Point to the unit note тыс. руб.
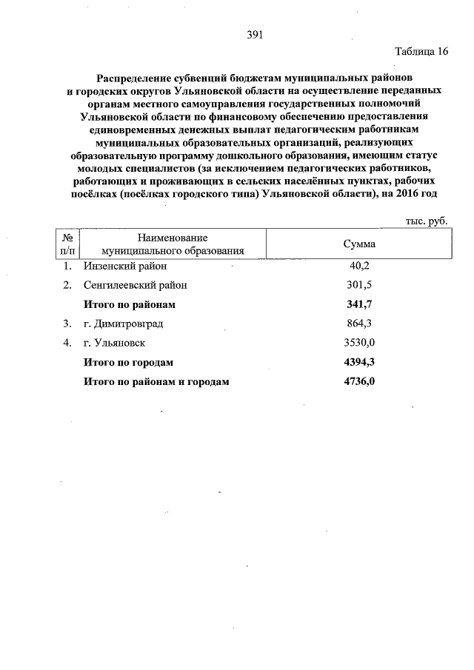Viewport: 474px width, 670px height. (427, 221)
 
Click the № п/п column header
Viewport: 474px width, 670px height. (67, 244)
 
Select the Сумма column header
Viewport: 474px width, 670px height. (359, 244)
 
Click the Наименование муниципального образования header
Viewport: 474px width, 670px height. (173, 244)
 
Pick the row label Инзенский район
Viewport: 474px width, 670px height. (125, 266)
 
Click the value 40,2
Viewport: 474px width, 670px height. (358, 266)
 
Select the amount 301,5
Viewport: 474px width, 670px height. (358, 285)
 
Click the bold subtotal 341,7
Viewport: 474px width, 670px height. (358, 304)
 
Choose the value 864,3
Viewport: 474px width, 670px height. (358, 324)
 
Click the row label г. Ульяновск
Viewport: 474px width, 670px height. (114, 343)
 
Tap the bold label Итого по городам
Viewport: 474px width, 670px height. (128, 362)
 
